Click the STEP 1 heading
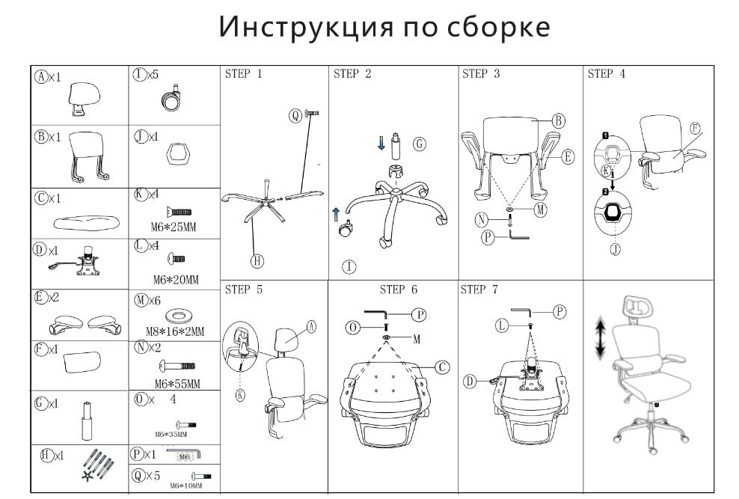pyautogui.click(x=243, y=74)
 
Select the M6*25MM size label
pyautogui.click(x=175, y=227)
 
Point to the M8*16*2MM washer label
pyautogui.click(x=175, y=331)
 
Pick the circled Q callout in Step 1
pyautogui.click(x=295, y=114)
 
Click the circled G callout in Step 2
pyautogui.click(x=419, y=144)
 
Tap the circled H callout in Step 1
pyautogui.click(x=256, y=261)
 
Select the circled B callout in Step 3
pyautogui.click(x=558, y=120)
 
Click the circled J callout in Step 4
pyautogui.click(x=615, y=249)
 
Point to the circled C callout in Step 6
pyautogui.click(x=443, y=367)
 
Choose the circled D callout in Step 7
pyautogui.click(x=470, y=382)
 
